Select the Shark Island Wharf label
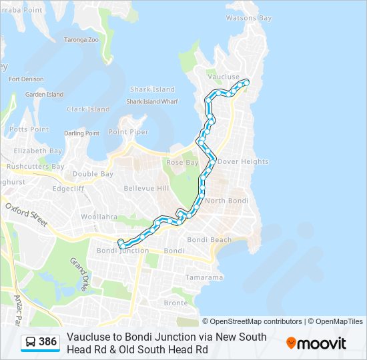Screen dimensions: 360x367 [153, 102]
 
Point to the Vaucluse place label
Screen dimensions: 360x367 [223, 77]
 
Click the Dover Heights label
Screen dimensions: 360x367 [242, 161]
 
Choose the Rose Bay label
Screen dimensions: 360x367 [183, 163]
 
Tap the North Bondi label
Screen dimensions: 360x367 [226, 201]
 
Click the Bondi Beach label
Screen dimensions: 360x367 [210, 240]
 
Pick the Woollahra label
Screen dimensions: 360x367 [99, 217]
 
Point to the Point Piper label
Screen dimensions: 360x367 [128, 132]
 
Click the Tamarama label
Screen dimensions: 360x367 [204, 277]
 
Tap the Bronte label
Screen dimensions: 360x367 [176, 303]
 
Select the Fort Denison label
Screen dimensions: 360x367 [27, 79]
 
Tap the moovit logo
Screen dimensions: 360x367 [316, 343]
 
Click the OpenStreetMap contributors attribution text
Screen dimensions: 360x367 [252, 321]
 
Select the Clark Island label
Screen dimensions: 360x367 [88, 109]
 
